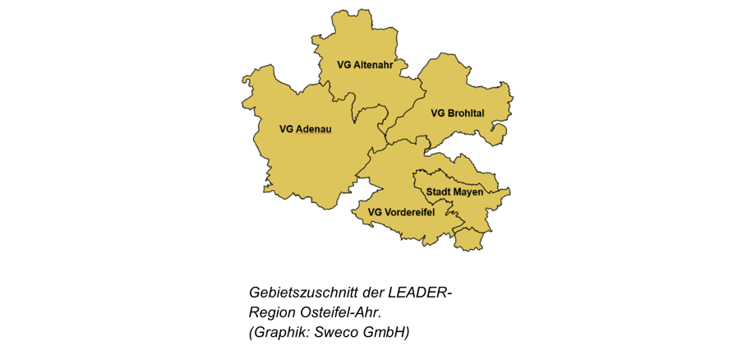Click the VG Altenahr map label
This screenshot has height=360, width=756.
[371, 64]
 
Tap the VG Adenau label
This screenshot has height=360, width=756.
[305, 129]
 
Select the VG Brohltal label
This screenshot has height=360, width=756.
[457, 113]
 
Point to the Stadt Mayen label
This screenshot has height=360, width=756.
[454, 192]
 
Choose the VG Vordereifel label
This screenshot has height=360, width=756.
[401, 213]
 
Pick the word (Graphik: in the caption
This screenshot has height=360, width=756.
[280, 332]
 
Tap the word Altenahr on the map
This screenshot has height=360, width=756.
[379, 64]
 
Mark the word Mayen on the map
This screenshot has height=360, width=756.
[468, 192]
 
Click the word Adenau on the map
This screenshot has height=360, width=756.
[313, 129]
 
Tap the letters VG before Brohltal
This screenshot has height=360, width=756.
[437, 113]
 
